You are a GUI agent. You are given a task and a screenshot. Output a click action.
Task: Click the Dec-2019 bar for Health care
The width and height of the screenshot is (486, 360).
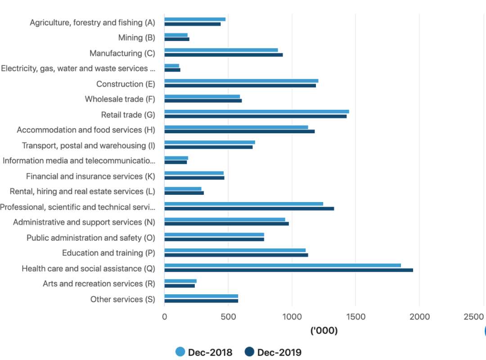pos(288,270)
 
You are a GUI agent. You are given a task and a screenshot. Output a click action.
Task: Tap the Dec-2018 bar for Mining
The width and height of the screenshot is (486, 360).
pos(176,35)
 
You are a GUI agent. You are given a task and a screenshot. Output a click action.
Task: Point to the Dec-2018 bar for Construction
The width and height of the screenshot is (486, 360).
pos(241,81)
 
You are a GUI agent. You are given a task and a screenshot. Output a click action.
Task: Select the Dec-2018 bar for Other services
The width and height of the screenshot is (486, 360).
pos(201,296)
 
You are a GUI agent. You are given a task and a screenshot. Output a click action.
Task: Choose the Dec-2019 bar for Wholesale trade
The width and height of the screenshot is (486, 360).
pos(203,101)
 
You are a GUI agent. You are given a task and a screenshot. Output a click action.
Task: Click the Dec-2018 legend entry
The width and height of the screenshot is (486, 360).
pos(204,352)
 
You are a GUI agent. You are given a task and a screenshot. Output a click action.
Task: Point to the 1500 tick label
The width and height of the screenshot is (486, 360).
pos(355,317)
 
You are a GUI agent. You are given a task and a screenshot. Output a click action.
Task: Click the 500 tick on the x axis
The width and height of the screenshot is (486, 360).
pos(228,317)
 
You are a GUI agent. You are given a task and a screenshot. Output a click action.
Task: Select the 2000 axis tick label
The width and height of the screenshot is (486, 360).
pos(419,317)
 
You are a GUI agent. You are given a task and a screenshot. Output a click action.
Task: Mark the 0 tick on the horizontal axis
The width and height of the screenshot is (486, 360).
pos(164,317)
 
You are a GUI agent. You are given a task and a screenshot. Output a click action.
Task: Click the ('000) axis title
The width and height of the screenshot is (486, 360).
pos(324,331)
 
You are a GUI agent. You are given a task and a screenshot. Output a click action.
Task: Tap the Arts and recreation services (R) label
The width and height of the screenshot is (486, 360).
pos(99,284)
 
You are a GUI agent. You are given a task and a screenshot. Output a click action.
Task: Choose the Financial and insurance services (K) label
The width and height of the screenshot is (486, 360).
pos(90,176)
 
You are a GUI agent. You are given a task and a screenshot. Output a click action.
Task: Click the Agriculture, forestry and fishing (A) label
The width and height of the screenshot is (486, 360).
pos(92,22)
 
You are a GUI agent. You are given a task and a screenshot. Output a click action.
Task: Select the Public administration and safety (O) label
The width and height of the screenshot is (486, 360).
pos(91,238)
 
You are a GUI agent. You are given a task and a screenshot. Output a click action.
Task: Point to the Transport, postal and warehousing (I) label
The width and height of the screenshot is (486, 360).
pos(89,145)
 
